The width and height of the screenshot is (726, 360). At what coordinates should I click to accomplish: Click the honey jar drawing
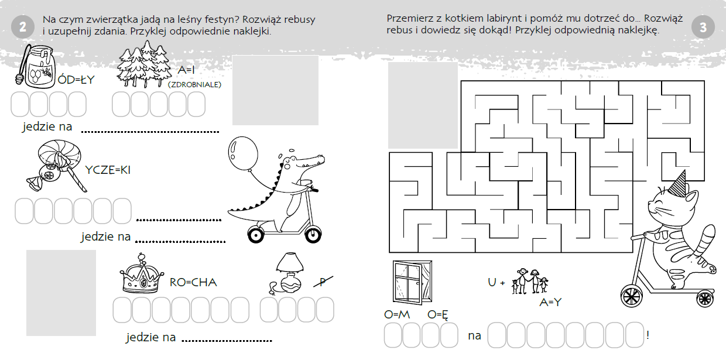pyautogui.click(x=35, y=66)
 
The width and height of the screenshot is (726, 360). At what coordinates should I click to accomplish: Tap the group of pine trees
pyautogui.click(x=144, y=65)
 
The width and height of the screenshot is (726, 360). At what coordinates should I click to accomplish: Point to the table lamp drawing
pyautogui.click(x=287, y=274)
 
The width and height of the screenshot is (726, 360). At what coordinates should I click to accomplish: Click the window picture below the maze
pyautogui.click(x=412, y=282)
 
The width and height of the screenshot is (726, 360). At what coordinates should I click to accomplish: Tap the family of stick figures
pyautogui.click(x=530, y=281)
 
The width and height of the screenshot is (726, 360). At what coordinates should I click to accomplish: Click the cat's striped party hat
pyautogui.click(x=678, y=184)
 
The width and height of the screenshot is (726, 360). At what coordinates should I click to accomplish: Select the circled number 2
pyautogui.click(x=23, y=27)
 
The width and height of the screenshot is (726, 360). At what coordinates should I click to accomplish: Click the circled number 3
pyautogui.click(x=703, y=27)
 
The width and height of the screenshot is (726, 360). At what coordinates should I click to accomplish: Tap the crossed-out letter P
pyautogui.click(x=323, y=282)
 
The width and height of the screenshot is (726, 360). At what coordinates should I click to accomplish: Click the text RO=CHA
pyautogui.click(x=193, y=282)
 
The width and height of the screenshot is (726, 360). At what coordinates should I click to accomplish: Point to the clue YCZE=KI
pyautogui.click(x=108, y=170)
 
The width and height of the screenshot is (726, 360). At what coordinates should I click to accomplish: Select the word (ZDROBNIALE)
pyautogui.click(x=194, y=84)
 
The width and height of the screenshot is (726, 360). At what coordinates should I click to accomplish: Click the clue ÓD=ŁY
pyautogui.click(x=76, y=80)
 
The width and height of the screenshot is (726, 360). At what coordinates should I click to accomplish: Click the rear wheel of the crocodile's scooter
pyautogui.click(x=256, y=235)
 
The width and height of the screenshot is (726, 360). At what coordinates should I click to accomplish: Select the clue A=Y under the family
pyautogui.click(x=550, y=302)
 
